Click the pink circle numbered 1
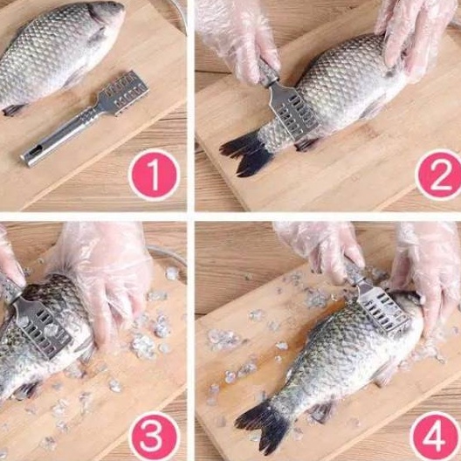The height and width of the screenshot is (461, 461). click(154, 175)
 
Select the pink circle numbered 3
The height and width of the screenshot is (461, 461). click(154, 436)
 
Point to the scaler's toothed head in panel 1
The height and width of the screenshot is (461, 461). click(124, 90)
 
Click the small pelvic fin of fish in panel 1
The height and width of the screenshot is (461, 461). click(12, 110)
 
